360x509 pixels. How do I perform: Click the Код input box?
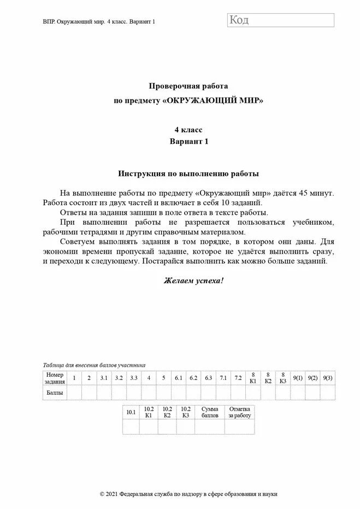point(280,20)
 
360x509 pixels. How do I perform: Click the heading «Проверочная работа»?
point(188,86)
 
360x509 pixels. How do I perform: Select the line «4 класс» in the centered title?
point(188,130)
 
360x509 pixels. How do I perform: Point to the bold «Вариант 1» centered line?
point(188,141)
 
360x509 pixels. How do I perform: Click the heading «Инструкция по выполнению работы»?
point(188,173)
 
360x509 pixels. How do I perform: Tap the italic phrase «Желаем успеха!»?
point(194,280)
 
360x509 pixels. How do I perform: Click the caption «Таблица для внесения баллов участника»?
point(94,365)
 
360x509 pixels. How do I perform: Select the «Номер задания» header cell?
point(55,378)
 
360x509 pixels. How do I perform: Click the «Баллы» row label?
point(55,393)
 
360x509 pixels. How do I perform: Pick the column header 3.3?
point(133,378)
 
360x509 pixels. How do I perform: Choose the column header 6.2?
point(193,378)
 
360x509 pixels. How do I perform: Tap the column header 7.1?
point(223,378)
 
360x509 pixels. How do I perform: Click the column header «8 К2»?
point(268,378)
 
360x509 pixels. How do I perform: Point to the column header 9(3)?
point(328,378)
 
